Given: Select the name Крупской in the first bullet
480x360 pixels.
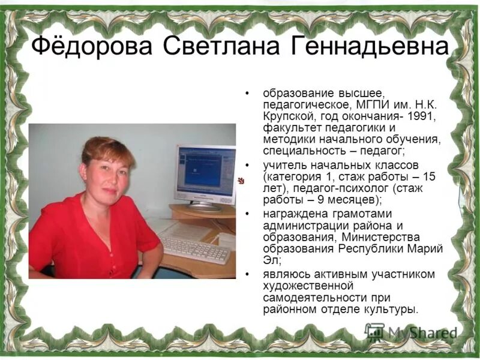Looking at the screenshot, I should [x=287, y=116].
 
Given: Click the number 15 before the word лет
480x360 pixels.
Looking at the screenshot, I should [x=430, y=176].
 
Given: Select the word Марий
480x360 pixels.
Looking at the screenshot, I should [x=427, y=249].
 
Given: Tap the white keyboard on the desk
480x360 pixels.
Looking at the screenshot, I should [x=195, y=249].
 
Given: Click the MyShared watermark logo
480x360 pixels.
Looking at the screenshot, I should [x=411, y=332].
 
